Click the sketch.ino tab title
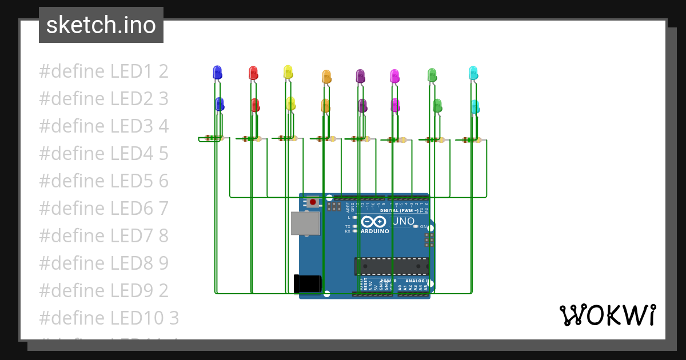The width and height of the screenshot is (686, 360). [101, 25]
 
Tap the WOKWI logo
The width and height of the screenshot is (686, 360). [607, 315]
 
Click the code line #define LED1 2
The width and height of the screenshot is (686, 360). [103, 71]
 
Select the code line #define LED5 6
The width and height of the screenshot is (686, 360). [103, 181]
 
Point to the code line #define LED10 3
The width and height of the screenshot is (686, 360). [109, 317]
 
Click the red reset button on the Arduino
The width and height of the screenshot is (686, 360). [313, 202]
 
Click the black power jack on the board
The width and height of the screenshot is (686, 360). [308, 284]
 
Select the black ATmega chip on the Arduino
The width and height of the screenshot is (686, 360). [391, 266]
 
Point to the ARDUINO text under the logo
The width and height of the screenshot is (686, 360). [374, 231]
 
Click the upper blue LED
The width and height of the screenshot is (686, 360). [217, 72]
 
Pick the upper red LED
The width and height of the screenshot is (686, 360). [253, 73]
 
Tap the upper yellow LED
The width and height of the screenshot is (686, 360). [288, 71]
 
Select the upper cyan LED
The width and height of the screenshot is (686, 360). [473, 73]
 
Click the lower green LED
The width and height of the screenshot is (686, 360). [437, 105]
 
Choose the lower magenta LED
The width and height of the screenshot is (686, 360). [395, 105]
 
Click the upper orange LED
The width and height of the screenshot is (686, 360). [326, 76]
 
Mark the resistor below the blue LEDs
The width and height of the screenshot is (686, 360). [213, 138]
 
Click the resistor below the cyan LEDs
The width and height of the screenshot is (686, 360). [472, 139]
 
